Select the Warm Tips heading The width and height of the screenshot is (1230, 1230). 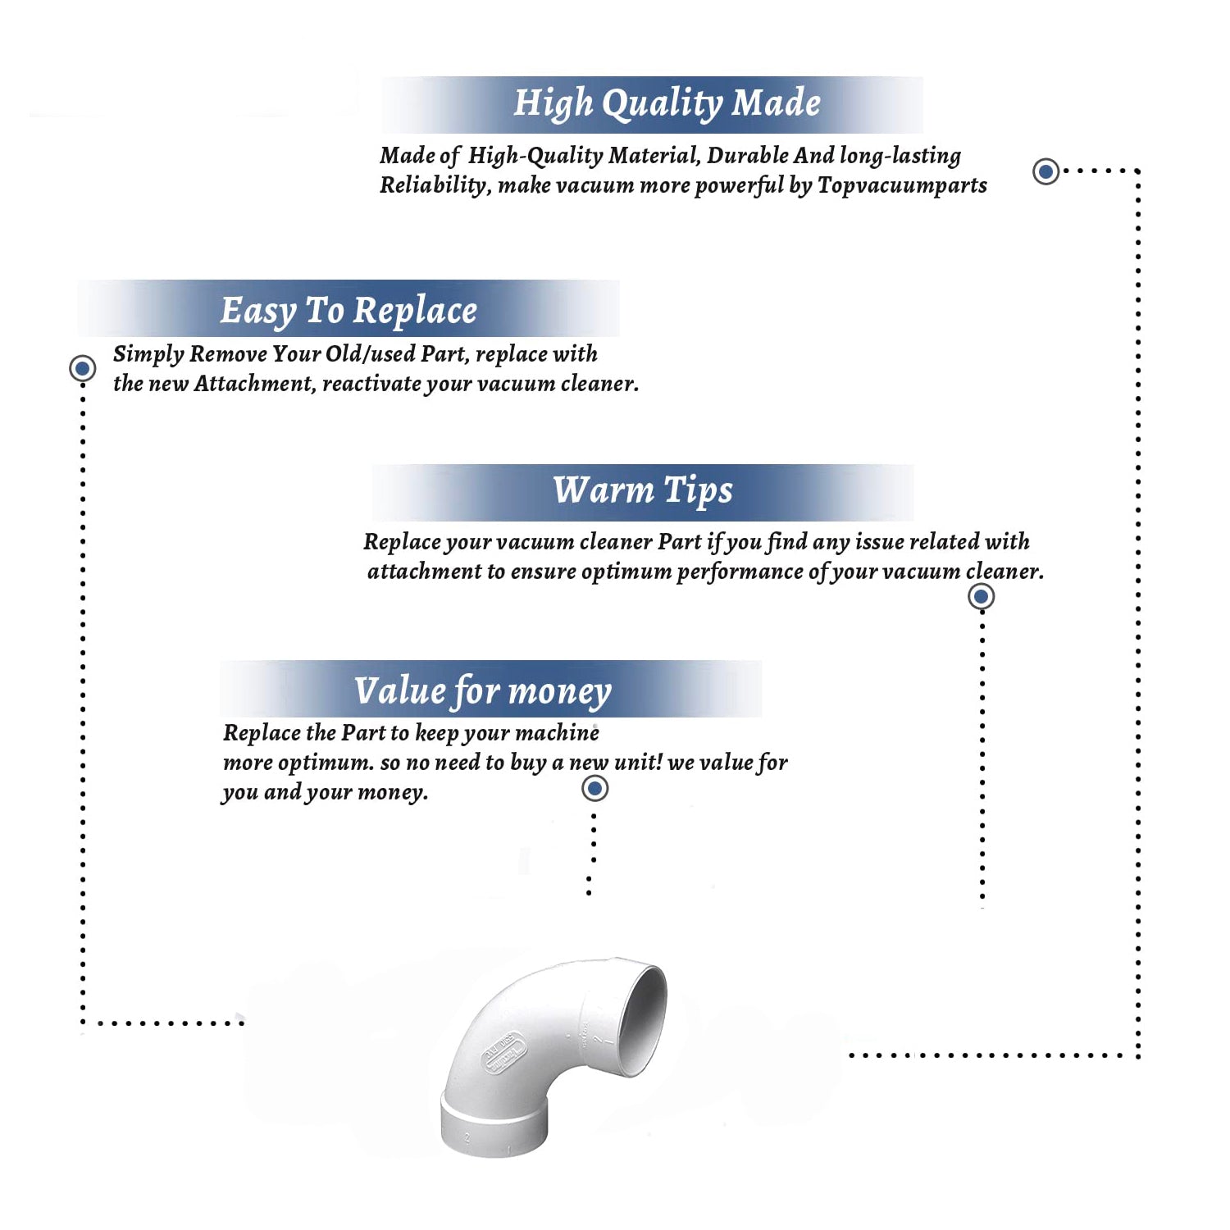[643, 491]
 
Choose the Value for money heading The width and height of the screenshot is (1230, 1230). [483, 691]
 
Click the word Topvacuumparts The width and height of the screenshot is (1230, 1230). [902, 185]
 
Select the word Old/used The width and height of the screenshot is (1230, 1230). [370, 353]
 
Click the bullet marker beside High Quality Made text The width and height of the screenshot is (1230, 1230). [1045, 171]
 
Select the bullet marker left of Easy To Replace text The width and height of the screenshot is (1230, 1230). [82, 368]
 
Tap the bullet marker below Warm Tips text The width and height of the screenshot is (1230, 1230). [982, 596]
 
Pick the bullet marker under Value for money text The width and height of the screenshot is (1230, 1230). [594, 789]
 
